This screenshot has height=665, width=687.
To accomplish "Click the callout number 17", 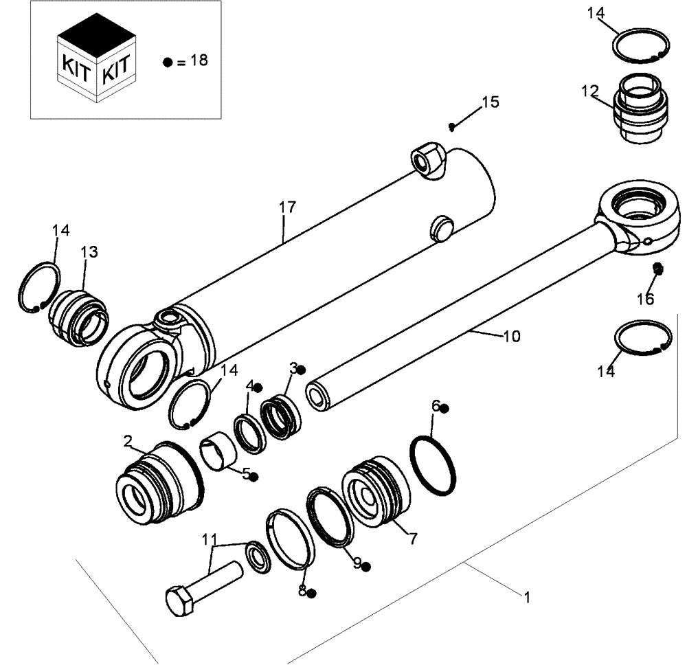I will click(286, 207).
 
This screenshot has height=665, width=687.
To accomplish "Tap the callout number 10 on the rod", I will click(511, 337).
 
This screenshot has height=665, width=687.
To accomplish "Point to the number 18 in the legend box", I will click(199, 60).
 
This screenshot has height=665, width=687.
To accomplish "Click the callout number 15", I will click(490, 103).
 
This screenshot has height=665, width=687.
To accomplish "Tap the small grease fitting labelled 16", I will click(657, 269).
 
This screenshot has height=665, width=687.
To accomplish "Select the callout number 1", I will click(526, 598).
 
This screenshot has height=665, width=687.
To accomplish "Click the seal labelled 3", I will click(280, 416).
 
